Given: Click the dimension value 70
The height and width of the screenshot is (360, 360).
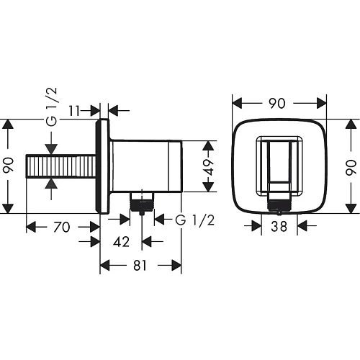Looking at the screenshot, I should click(62, 228).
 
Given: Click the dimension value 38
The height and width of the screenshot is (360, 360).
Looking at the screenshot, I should click(279, 227).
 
